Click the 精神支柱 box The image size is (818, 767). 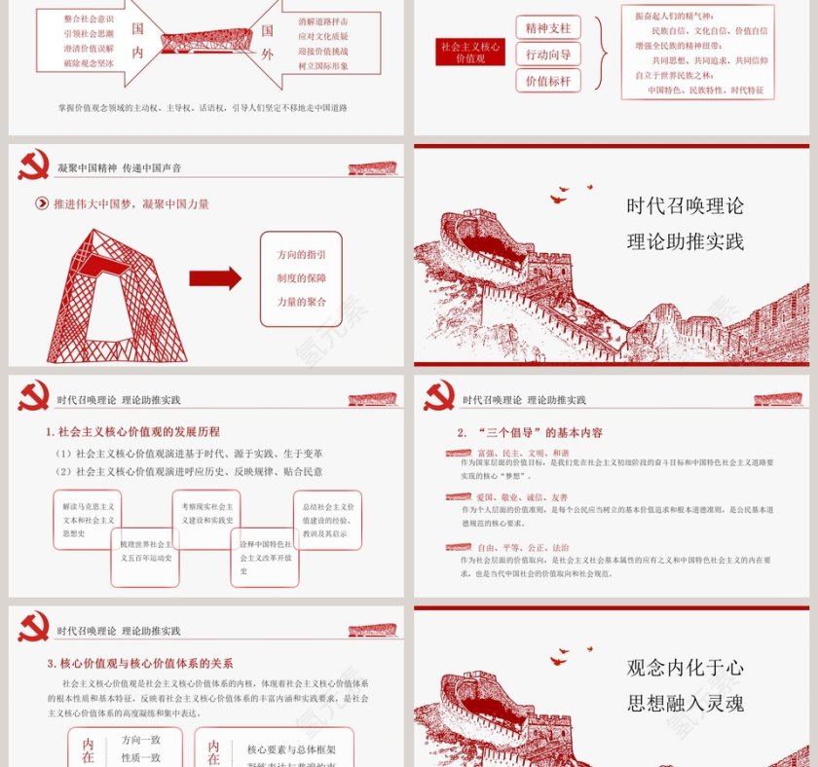point(548,27)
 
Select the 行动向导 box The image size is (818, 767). point(548,55)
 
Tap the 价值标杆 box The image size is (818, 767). point(548,82)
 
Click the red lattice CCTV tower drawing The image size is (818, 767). point(115,296)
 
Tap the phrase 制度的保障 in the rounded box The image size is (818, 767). point(301,277)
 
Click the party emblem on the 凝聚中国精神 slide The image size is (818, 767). point(33,165)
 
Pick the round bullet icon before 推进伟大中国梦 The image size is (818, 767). point(42,204)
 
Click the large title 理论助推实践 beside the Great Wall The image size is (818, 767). point(686,241)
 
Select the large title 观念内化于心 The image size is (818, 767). point(686,668)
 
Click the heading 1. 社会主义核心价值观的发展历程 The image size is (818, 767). point(132,431)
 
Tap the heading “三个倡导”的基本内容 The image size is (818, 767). point(530,432)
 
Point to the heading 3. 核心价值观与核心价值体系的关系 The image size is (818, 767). point(139,663)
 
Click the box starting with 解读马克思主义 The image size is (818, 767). point(88,520)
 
